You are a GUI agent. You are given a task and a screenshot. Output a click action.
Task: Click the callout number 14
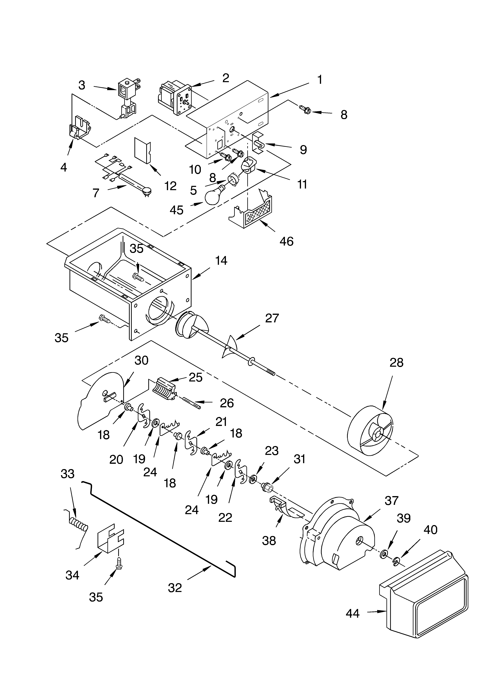[221, 261]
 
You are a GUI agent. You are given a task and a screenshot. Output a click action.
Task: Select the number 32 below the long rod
[175, 588]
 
